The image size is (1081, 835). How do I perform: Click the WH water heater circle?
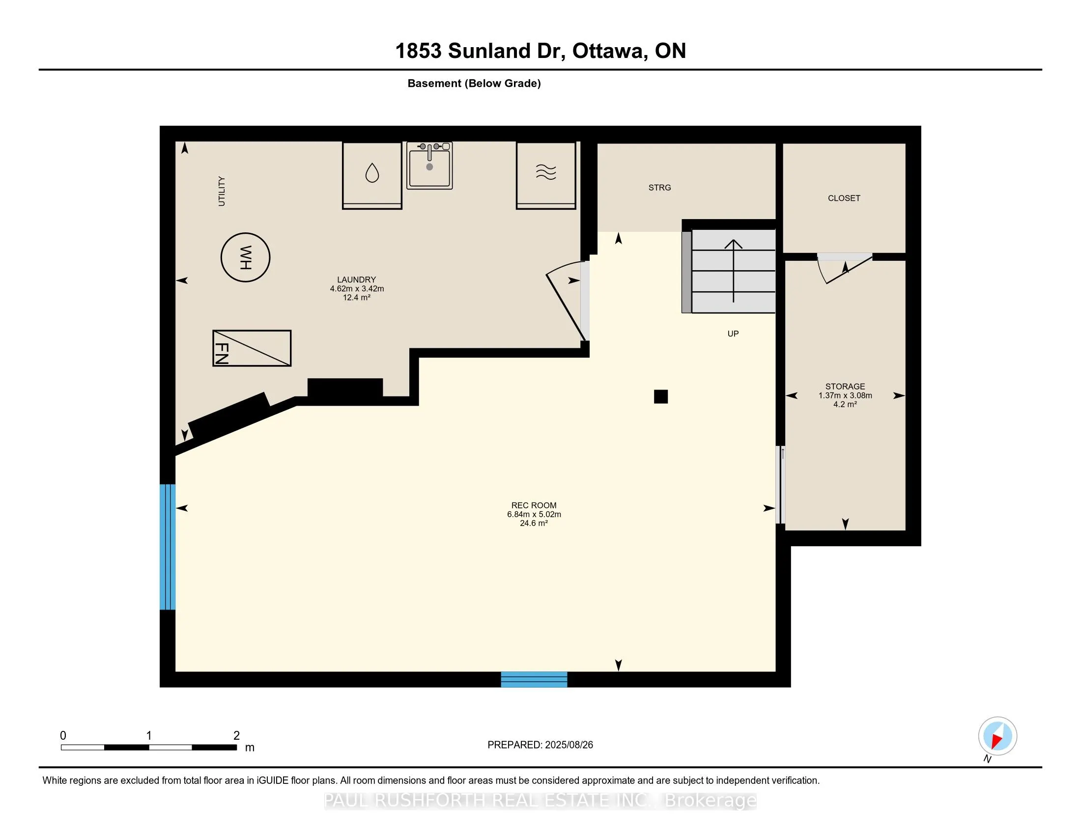point(246,233)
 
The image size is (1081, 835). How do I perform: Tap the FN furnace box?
point(252,348)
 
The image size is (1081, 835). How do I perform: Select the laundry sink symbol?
point(429,165)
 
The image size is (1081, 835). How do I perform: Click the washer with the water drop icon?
point(372,175)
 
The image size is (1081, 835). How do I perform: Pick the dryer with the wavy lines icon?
point(546,175)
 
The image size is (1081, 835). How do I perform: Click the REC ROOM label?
point(534,505)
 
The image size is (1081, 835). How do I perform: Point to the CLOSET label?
point(844,198)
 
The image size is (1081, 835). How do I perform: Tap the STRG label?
point(660,188)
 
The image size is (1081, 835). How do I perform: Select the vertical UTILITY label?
point(221,191)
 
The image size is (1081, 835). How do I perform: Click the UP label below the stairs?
point(733,334)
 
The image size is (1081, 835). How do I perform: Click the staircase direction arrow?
point(734,271)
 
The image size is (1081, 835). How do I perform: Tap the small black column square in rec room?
point(661,397)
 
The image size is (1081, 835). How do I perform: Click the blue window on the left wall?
point(167,547)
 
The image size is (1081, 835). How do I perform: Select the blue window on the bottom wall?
point(534,680)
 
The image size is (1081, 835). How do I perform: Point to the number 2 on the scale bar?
point(237,736)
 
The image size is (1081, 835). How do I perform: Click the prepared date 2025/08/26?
point(569,745)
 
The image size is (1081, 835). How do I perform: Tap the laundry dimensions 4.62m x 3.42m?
point(357,288)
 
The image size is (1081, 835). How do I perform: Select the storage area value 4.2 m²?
point(845,404)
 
